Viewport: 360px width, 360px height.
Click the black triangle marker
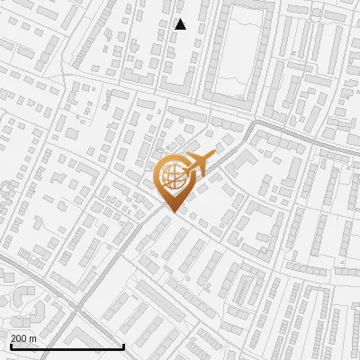pyautogui.click(x=180, y=24)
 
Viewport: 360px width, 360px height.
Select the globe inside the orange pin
pyautogui.click(x=171, y=175)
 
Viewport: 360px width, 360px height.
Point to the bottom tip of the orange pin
pyautogui.click(x=171, y=212)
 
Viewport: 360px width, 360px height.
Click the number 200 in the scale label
pyautogui.click(x=20, y=338)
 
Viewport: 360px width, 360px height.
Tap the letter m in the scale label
pyautogui.click(x=33, y=338)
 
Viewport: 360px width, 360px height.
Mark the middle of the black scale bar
pyautogui.click(x=67, y=346)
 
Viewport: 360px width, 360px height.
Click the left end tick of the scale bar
pyautogui.click(x=11, y=345)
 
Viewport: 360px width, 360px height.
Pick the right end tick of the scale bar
pyautogui.click(x=123, y=345)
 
